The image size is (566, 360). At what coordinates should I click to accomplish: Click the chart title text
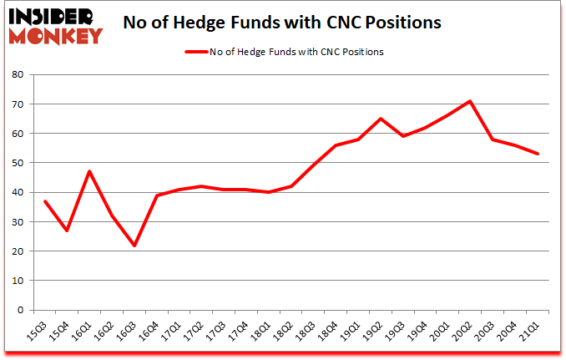click(x=282, y=23)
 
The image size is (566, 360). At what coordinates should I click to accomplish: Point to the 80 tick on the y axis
click(x=20, y=74)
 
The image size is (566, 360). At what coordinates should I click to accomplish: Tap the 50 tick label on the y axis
click(x=20, y=163)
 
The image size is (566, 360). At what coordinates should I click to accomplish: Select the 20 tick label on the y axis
click(x=20, y=251)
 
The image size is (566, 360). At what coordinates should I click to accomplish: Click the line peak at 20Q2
click(x=472, y=101)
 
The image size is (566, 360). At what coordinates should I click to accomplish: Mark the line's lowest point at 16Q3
click(x=133, y=245)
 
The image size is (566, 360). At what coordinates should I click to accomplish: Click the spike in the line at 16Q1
click(x=88, y=171)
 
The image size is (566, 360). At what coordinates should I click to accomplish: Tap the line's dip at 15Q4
click(x=66, y=231)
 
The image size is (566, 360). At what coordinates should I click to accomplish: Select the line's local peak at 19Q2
click(x=382, y=119)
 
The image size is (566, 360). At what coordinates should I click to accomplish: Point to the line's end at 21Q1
click(x=538, y=154)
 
